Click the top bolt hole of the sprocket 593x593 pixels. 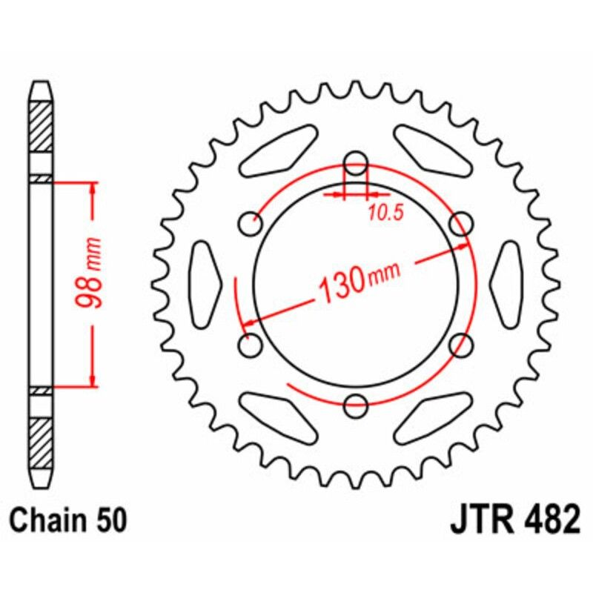click(x=357, y=160)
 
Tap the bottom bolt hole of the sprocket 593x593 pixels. click(x=357, y=404)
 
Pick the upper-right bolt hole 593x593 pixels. click(x=462, y=221)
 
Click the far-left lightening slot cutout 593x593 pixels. click(x=206, y=282)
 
